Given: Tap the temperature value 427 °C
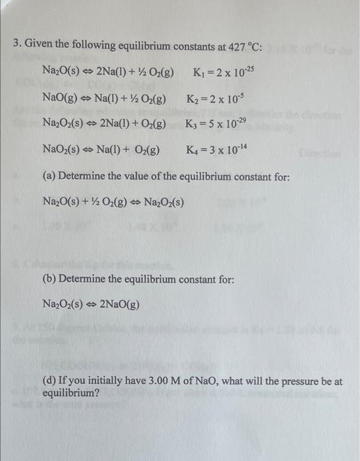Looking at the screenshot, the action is (241, 46).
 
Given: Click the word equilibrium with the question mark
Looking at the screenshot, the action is (71, 393).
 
